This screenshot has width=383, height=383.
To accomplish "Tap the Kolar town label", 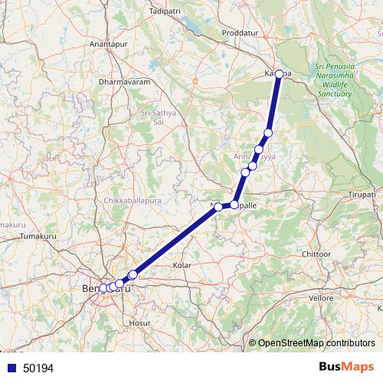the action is (x=182, y=264).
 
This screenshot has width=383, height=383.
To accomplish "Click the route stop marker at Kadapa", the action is (x=280, y=74).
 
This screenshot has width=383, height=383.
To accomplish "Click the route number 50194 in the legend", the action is (x=38, y=368).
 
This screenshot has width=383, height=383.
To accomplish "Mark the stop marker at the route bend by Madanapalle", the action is (x=234, y=205).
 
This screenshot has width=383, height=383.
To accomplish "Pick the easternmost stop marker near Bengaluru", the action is (x=133, y=274).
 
